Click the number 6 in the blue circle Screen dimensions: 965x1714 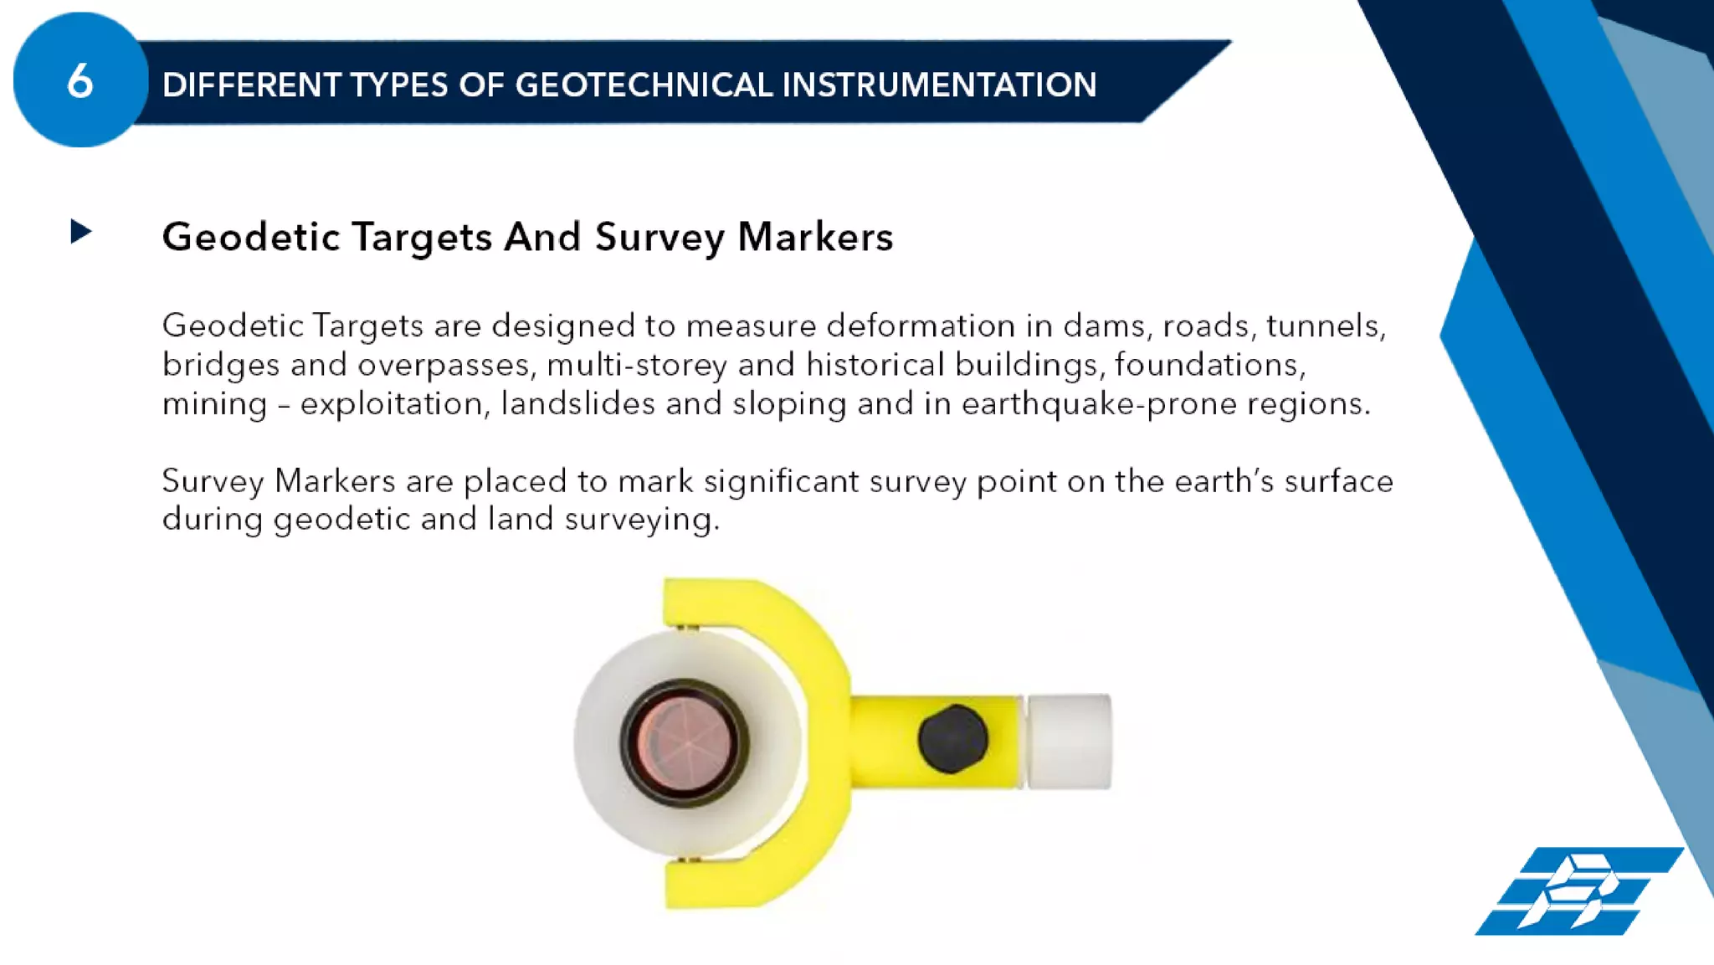click(80, 81)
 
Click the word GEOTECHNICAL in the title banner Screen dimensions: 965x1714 click(644, 85)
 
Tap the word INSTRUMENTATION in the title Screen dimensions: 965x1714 click(939, 85)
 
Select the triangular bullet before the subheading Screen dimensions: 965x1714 click(80, 232)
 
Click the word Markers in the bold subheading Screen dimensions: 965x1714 click(815, 237)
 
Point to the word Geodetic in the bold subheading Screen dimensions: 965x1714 click(251, 237)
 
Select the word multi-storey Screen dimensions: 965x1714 click(637, 365)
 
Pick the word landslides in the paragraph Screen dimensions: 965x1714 click(577, 404)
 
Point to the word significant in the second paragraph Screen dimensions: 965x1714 click(781, 481)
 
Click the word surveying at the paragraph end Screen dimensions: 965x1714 click(641, 520)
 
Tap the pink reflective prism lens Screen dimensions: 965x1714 click(685, 742)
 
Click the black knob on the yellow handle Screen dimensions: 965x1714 click(952, 738)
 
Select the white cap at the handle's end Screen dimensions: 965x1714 click(1069, 741)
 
